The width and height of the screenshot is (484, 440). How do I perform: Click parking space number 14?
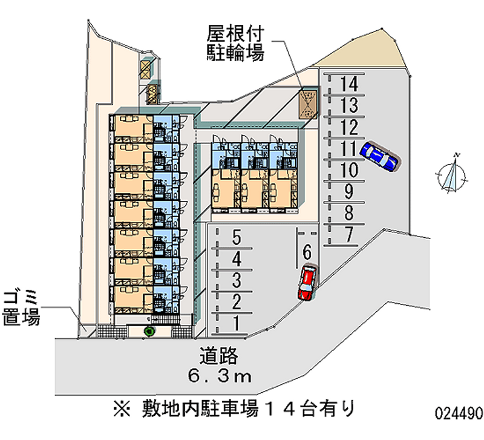tap(349, 84)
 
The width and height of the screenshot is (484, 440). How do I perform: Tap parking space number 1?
tap(237, 322)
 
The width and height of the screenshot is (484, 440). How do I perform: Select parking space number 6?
tap(307, 251)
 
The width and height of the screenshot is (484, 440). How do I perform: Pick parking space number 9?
tap(349, 192)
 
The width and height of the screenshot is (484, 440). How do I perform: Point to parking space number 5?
tap(237, 237)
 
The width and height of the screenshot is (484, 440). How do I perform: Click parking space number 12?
tap(349, 128)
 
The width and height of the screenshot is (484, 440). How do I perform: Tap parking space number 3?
tap(237, 280)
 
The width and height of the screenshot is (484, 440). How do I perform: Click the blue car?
tap(379, 156)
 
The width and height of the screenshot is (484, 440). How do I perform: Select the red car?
tap(307, 283)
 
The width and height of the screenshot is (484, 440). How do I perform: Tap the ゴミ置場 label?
tap(21, 307)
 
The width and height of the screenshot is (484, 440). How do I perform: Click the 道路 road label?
tap(218, 356)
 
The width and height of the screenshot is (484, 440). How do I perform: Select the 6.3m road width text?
tap(218, 376)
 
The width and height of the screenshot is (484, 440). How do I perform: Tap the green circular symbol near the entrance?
tap(149, 330)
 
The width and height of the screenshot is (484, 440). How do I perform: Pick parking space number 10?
tap(349, 171)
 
